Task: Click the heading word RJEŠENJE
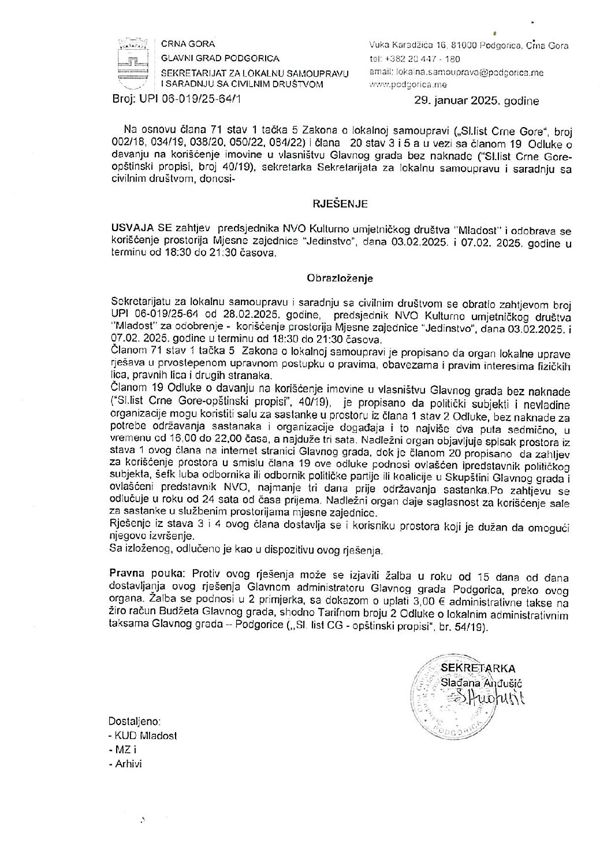[x=340, y=204]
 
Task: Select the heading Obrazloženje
[x=340, y=278]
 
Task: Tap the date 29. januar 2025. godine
[x=477, y=101]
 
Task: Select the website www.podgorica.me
[x=404, y=84]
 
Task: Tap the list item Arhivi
[x=127, y=763]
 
